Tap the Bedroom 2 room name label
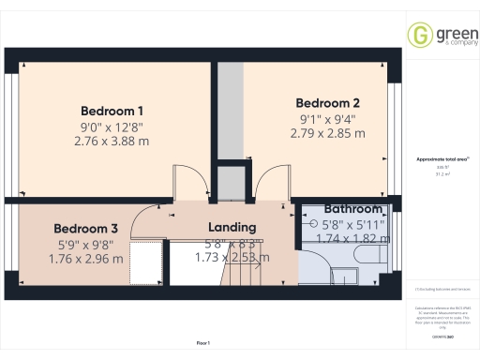328,102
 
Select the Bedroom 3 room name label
85,229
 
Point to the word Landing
232,228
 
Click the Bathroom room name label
353,209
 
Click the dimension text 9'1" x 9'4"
327,118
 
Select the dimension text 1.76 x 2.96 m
85,259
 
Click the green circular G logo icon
418,36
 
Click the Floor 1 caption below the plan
202,343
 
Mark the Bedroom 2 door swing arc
272,182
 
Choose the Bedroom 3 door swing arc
147,218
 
